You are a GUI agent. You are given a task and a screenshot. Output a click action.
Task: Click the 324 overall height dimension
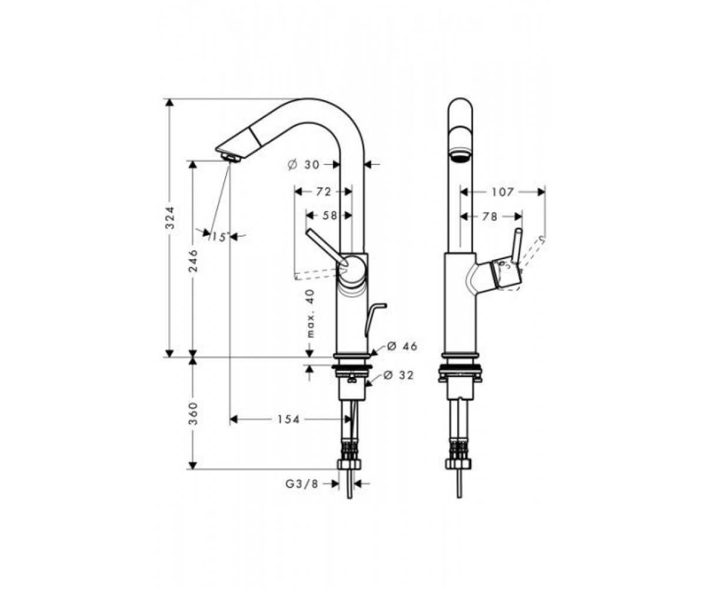[x=171, y=218]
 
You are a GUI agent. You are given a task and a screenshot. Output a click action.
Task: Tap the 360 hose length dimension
[x=193, y=413]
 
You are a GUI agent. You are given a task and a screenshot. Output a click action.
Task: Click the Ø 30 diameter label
[x=304, y=165]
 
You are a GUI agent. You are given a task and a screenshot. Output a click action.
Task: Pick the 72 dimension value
[x=323, y=192]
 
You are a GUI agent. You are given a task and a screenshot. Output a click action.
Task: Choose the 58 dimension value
[x=329, y=216]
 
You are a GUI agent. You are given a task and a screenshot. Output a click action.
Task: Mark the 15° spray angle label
[x=219, y=237]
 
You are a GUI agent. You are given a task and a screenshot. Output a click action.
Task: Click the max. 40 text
[x=311, y=313]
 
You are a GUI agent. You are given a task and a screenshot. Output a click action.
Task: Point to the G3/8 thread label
[x=302, y=484]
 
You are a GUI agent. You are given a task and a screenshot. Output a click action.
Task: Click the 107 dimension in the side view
[x=502, y=192]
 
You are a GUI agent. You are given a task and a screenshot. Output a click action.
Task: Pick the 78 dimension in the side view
[x=489, y=216]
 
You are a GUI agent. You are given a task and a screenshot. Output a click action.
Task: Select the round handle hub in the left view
[x=352, y=269]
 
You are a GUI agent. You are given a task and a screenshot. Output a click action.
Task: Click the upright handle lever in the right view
[x=517, y=246]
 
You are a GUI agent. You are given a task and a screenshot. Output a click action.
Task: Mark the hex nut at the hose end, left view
[x=349, y=464]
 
